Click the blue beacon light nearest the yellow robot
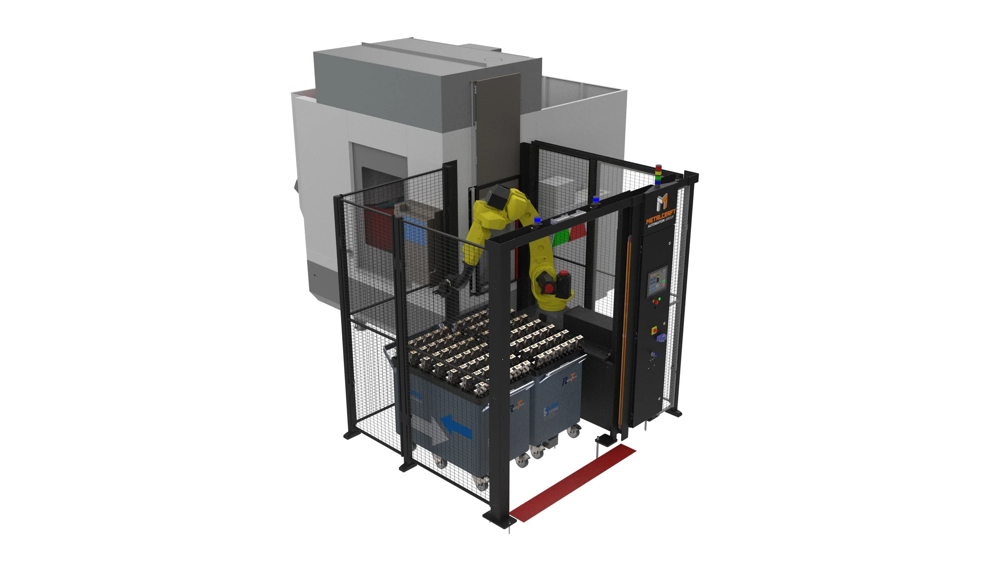[x=537, y=220]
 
